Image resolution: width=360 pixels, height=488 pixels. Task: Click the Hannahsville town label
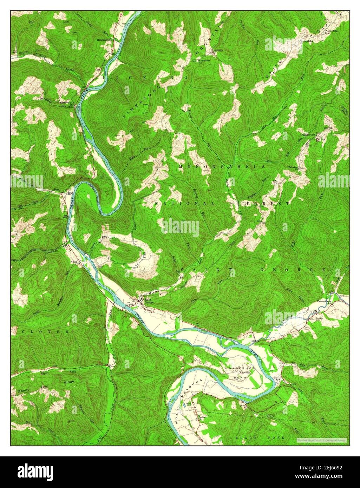pos(104,40)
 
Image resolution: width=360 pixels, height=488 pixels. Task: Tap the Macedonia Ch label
pos(66,98)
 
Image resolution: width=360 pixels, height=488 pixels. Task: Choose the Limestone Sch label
pos(218,51)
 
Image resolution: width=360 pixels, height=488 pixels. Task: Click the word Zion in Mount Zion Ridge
pos(45,386)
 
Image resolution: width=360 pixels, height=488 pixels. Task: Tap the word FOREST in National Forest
pos(268,204)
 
